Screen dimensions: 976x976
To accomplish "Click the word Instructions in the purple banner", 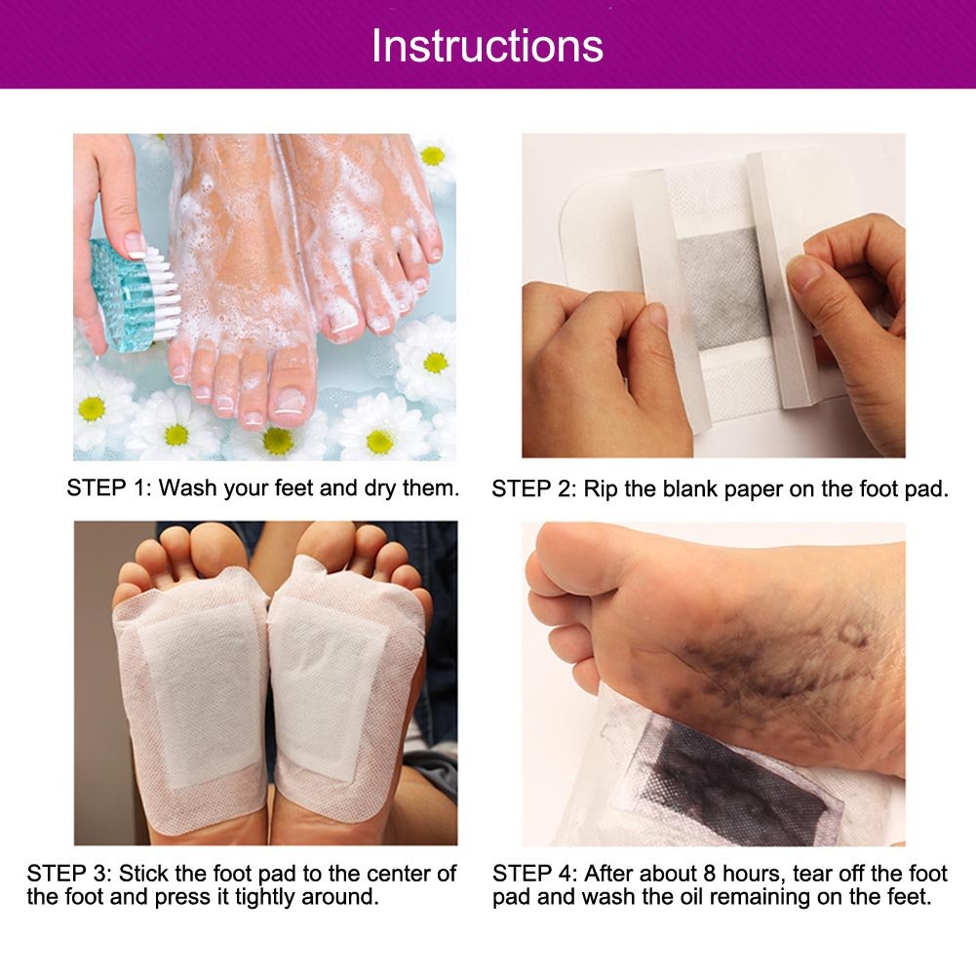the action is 488,46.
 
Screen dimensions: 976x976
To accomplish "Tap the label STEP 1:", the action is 109,488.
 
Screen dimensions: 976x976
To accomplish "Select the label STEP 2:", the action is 534,488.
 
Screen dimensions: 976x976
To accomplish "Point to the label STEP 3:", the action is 69,874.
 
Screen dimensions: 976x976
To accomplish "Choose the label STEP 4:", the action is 534,874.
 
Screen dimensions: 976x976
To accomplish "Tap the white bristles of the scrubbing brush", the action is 162,293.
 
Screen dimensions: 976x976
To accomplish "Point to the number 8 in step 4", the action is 710,874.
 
